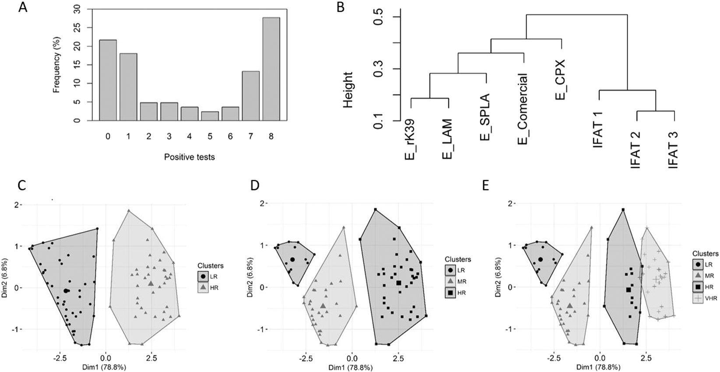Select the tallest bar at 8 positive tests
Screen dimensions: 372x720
click(271, 69)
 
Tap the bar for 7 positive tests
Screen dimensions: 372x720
click(251, 96)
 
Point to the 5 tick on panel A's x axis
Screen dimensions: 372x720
click(210, 137)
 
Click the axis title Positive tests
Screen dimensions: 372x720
click(190, 156)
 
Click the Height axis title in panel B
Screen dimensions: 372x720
click(348, 90)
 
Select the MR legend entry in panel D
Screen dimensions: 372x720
click(459, 282)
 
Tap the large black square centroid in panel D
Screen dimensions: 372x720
click(399, 283)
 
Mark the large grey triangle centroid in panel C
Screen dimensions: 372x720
click(151, 284)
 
